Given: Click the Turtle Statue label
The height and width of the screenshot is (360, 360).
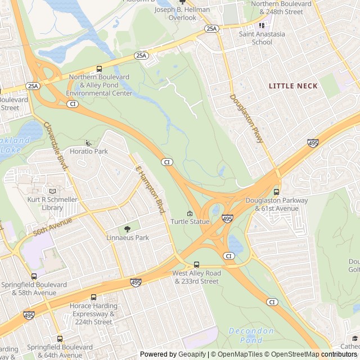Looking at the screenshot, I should pos(190,222).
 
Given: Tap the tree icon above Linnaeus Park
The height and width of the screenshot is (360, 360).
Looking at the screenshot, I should pos(128,229).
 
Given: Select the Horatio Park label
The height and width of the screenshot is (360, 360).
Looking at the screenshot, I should pos(88,151).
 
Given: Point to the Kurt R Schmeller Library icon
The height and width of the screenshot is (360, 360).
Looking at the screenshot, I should pos(52,191).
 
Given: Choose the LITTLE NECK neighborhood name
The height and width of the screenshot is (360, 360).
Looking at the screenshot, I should pos(292,86).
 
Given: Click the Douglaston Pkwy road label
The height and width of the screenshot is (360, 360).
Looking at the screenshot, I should pos(246,118).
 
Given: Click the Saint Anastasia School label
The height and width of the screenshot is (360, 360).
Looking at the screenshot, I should pos(262,38).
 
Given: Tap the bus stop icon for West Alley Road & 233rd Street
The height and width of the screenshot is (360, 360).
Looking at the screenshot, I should pos(196,265).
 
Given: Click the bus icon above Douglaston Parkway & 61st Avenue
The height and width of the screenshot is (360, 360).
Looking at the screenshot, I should pos(276,192).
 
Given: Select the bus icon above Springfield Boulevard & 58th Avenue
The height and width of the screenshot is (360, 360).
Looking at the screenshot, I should pos(34,276).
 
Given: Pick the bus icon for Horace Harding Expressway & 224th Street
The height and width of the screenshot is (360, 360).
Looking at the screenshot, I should pos(93,298).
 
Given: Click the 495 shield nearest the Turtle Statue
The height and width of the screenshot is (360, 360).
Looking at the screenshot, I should pos(227,218).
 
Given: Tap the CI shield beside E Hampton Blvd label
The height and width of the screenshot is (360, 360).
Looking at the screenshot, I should pos(166,162).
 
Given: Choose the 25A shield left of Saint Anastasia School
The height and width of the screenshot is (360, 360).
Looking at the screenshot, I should pos(211,28).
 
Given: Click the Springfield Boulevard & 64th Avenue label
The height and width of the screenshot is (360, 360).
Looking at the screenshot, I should pos(54,351).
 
